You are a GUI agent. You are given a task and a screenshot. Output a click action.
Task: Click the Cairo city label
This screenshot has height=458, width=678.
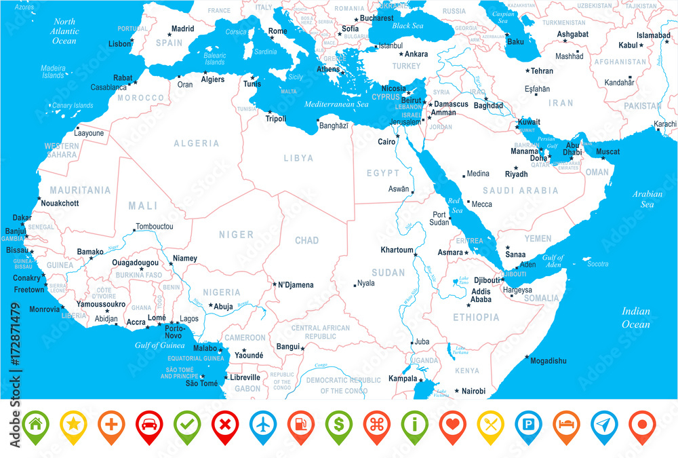(x=387, y=142)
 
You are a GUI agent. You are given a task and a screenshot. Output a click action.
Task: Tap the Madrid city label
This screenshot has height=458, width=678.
(x=182, y=29)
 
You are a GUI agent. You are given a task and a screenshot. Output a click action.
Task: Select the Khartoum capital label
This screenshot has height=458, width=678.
(x=397, y=250)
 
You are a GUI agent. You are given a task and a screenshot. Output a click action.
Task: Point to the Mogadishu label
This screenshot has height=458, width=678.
(x=549, y=361)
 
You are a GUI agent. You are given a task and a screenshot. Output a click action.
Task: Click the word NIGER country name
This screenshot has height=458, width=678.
(x=236, y=235)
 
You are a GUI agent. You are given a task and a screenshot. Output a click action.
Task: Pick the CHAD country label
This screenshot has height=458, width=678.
(x=306, y=241)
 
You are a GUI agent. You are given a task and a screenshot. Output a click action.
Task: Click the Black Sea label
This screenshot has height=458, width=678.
(x=407, y=26)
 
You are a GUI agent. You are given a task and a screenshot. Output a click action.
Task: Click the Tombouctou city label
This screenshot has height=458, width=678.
(x=155, y=226)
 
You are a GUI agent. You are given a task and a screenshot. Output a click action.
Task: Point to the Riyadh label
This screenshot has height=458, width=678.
(x=516, y=174)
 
